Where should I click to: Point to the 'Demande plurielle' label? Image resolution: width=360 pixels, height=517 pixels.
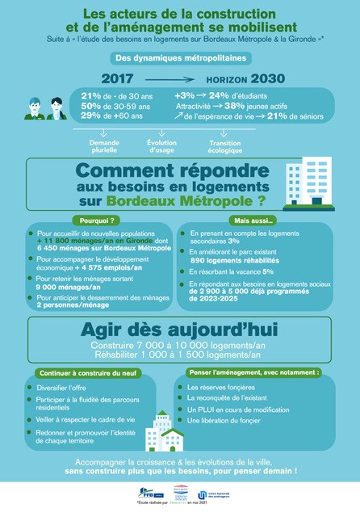[104, 145]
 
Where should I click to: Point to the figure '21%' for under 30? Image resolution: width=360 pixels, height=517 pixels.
[90, 96]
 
